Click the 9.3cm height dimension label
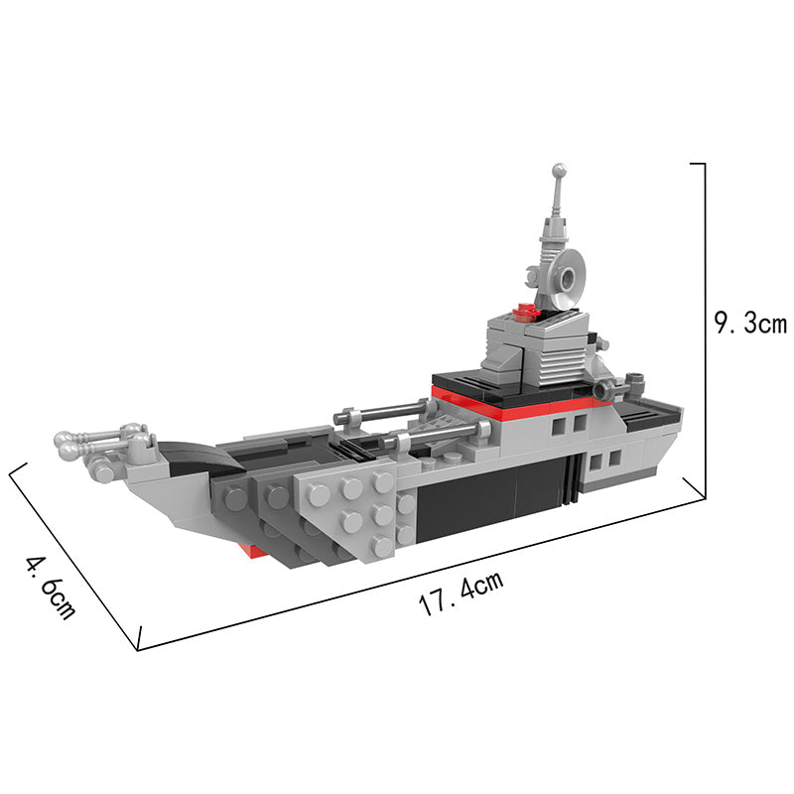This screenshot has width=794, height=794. click(x=750, y=323)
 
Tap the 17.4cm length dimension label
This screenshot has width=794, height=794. click(x=462, y=593)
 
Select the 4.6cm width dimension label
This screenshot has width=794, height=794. click(x=52, y=588)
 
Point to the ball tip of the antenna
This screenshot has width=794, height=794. click(x=560, y=170)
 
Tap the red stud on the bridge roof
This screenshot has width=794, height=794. click(x=525, y=311)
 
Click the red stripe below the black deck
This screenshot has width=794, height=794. click(x=516, y=403)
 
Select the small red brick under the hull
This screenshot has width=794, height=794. click(x=256, y=551)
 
